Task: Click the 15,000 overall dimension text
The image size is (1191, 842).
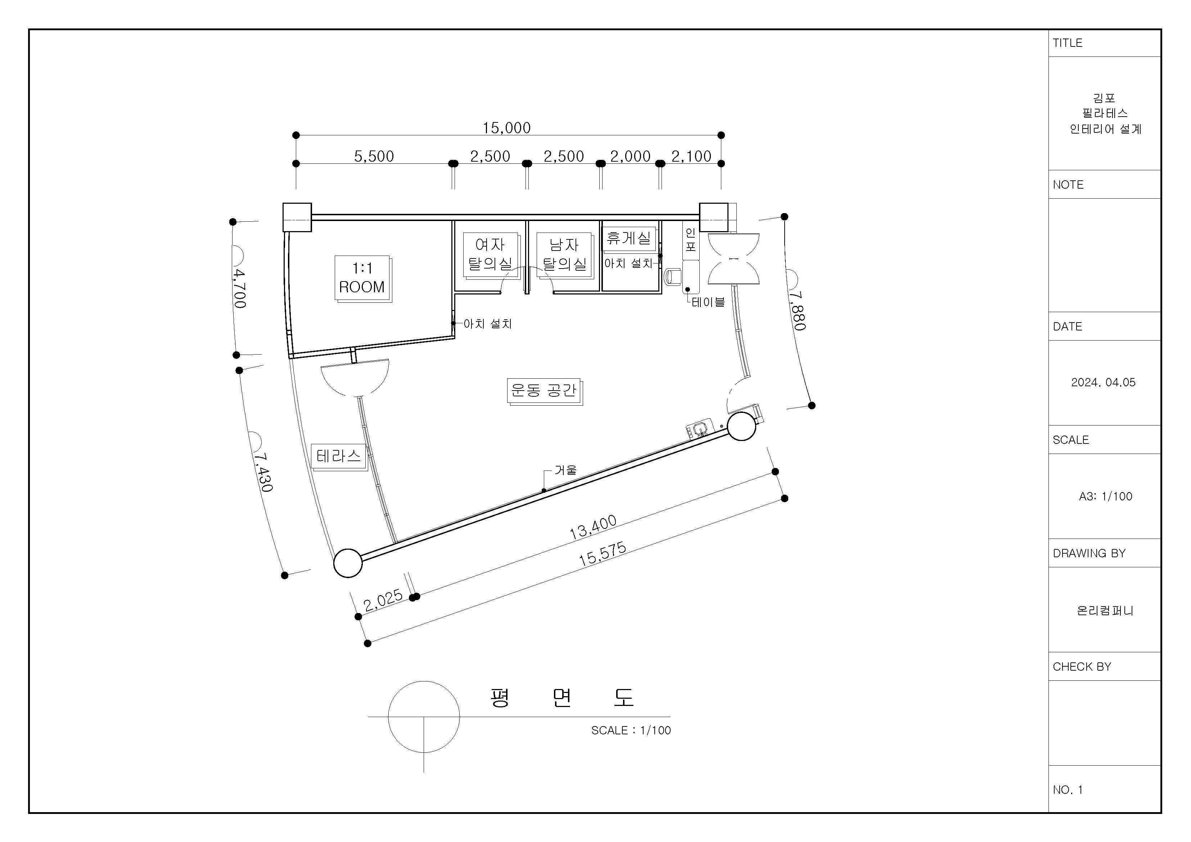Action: tap(506, 128)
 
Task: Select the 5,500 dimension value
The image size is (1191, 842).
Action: tap(374, 156)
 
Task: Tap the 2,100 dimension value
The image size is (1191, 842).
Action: tap(691, 156)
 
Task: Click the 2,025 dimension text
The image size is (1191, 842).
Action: tap(383, 600)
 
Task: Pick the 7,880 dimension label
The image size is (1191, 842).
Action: tap(797, 310)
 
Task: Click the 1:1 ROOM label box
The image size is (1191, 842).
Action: tap(362, 279)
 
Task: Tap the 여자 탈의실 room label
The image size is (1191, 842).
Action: tap(491, 254)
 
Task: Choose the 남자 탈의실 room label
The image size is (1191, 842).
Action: tap(565, 254)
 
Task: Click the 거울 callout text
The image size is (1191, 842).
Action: tap(565, 470)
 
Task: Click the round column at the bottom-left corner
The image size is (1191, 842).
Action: tap(348, 563)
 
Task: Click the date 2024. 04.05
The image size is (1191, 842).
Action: tap(1103, 382)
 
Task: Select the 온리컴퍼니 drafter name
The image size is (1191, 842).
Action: tap(1105, 611)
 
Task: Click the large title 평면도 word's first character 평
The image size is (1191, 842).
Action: tap(500, 698)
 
